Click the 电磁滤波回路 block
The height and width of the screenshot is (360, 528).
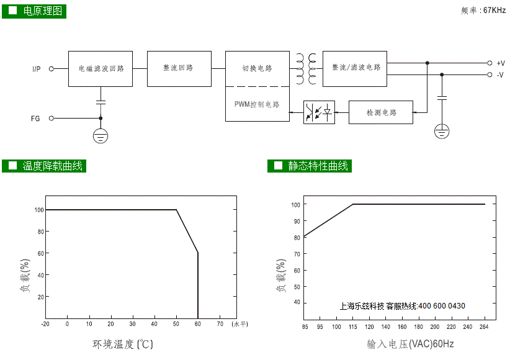coord(101,69)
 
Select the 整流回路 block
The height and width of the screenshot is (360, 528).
coord(179,69)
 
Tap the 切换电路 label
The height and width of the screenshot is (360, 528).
coord(257,68)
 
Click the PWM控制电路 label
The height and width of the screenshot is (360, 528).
coord(257,104)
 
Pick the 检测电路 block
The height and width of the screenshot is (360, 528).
coord(381,112)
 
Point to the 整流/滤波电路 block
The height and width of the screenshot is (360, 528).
coord(355,69)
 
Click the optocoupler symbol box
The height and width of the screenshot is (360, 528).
coord(319,112)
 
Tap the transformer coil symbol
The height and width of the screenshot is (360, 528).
coord(306,69)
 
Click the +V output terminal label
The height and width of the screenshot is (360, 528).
coord(501,63)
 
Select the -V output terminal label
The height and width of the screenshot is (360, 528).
coord(500,74)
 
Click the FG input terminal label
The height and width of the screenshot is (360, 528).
coord(35,119)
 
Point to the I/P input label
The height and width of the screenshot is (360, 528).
coord(37,69)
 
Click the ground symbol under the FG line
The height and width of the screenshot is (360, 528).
coord(101,136)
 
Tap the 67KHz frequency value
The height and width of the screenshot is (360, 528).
coord(494,11)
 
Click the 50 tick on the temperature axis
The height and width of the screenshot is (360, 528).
coord(176,324)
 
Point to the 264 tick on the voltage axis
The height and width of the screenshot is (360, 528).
coord(484,326)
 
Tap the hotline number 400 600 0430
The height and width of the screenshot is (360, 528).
coord(442,306)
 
